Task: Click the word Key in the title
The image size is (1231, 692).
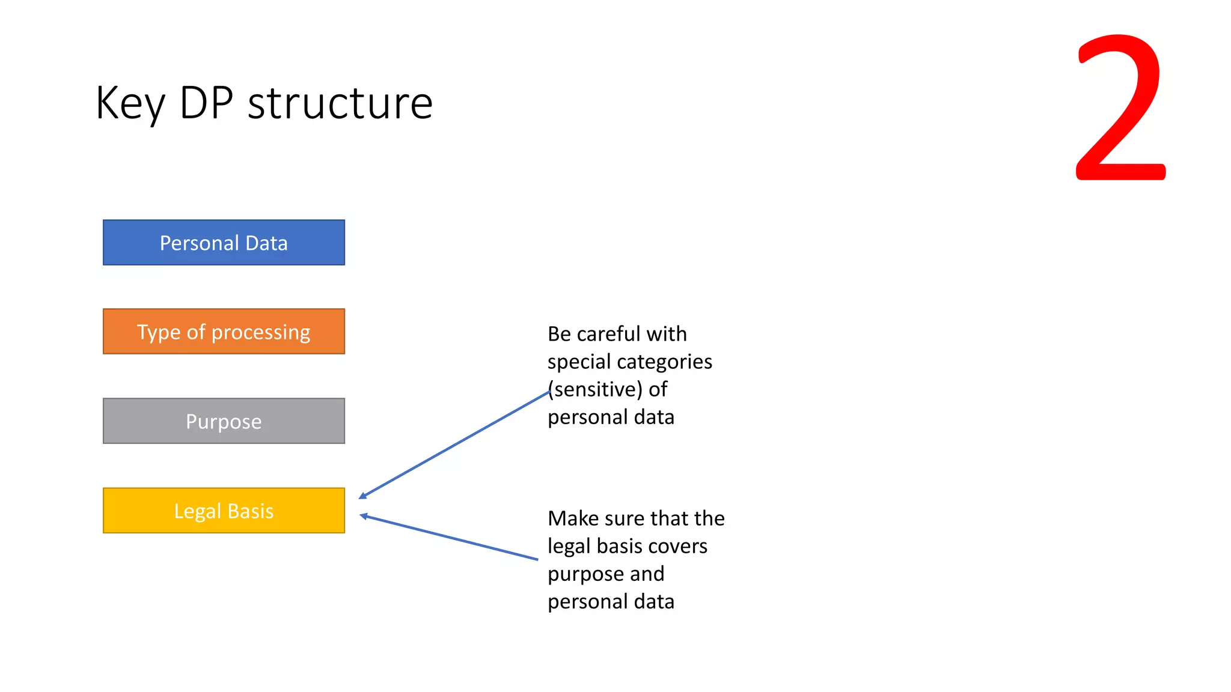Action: point(130,103)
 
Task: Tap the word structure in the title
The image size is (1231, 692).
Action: point(340,103)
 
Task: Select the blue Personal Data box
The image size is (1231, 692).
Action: point(224,243)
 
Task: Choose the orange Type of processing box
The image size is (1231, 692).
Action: point(224,332)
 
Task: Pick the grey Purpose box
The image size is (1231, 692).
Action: point(224,421)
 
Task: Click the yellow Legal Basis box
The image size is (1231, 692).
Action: point(224,511)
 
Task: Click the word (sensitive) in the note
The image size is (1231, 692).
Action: point(595,389)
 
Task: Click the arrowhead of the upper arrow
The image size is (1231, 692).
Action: point(362,496)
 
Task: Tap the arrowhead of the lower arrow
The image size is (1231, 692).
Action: point(364,515)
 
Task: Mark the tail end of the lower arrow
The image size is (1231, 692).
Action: point(537,559)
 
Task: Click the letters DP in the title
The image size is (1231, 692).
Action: point(206,103)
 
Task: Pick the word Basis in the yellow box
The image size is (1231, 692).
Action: point(251,511)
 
